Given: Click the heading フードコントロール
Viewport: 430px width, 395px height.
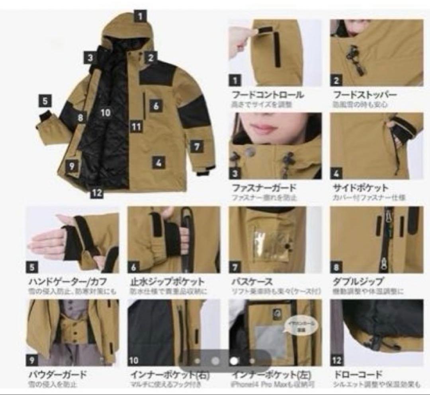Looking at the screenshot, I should coord(268,95).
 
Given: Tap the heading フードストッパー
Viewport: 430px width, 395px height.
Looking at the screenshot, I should coord(365,95).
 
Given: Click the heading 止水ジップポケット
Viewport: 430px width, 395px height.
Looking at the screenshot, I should coord(167,282).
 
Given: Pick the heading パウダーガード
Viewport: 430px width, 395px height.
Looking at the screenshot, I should coord(57,375).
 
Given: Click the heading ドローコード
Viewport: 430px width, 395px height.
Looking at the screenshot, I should coord(357,375).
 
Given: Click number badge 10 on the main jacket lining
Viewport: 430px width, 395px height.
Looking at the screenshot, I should coord(105,113).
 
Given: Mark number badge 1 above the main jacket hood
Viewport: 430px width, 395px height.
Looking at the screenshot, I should coord(141,16).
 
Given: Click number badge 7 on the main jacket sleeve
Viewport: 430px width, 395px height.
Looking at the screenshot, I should coord(196,146).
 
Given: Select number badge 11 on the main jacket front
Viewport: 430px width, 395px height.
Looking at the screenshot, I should coord(137,127).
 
